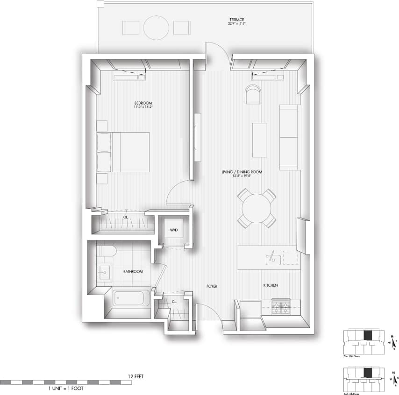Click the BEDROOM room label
[x=143, y=103]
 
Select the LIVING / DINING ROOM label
[x=242, y=172]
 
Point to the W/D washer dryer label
[x=173, y=230]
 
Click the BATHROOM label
[x=133, y=271]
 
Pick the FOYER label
[x=212, y=286]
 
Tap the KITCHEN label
[x=271, y=285]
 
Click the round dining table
[x=256, y=208]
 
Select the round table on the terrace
[x=156, y=28]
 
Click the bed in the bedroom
[x=123, y=152]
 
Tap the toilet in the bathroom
[x=106, y=251]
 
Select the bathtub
[x=131, y=298]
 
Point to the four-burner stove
[x=281, y=306]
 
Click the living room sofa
[x=290, y=137]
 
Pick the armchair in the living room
[x=252, y=95]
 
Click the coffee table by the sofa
[x=259, y=140]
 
